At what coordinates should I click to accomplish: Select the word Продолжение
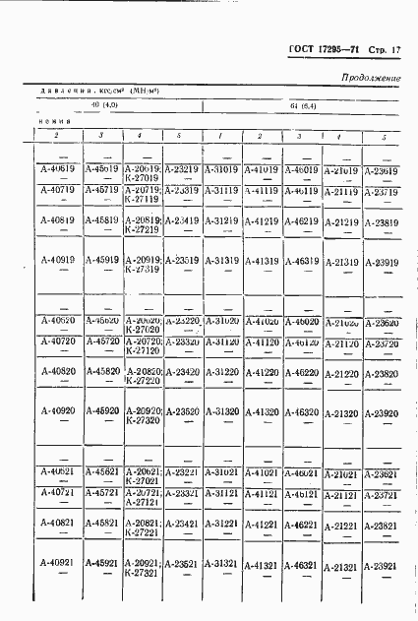click(x=372, y=77)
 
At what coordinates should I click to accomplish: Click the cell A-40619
click(x=58, y=168)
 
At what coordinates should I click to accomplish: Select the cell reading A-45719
click(x=100, y=189)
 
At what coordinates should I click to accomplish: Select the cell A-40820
click(x=58, y=372)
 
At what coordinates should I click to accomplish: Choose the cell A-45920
click(x=100, y=410)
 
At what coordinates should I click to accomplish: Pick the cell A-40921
click(x=58, y=562)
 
